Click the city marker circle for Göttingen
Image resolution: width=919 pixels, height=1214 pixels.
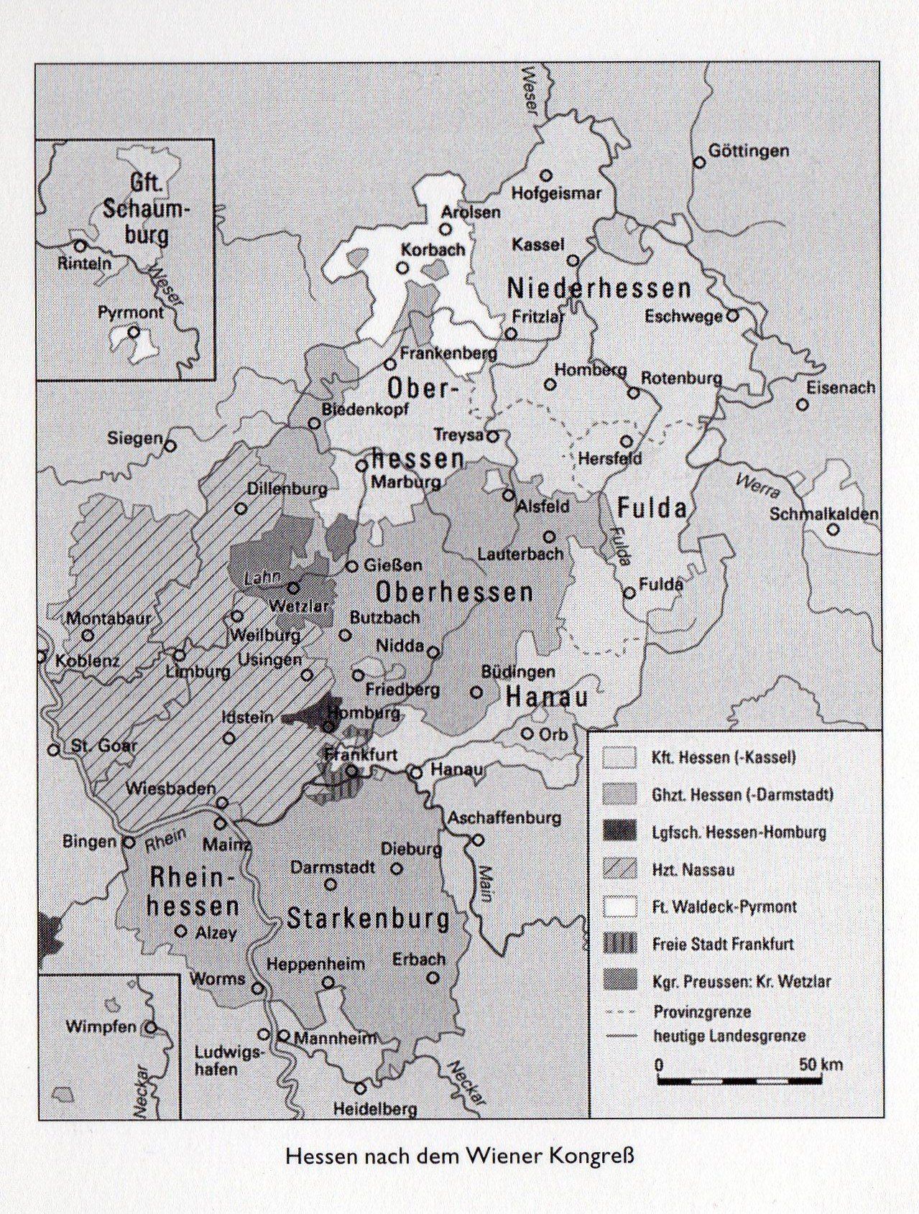[699, 162]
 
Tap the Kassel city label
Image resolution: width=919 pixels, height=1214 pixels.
[537, 244]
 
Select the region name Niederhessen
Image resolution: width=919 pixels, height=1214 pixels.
[599, 289]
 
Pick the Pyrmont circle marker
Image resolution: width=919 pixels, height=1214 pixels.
[133, 333]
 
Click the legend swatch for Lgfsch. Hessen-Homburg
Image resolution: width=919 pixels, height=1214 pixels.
[620, 832]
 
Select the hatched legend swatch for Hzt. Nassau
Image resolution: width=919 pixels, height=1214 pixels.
[620, 869]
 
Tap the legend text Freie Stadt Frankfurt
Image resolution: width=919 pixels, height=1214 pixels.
[723, 944]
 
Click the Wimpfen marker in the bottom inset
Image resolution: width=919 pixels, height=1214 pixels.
[150, 1027]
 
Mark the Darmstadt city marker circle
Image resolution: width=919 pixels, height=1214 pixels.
[331, 884]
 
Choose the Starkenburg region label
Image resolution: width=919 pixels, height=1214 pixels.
[368, 919]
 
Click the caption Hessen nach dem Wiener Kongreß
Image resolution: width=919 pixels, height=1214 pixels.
[460, 1177]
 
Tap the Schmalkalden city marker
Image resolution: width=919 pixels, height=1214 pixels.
[833, 530]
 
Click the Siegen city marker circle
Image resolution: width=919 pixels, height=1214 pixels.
[170, 446]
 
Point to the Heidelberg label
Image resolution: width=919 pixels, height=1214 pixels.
[375, 1109]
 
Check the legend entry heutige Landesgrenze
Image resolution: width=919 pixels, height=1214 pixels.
[729, 1036]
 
